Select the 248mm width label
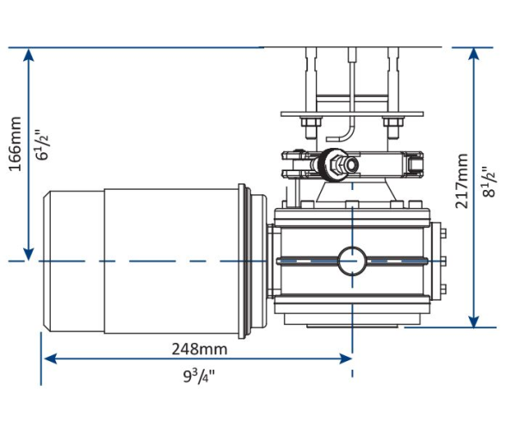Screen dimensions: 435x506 click(199, 348)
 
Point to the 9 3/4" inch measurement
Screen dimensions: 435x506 click(199, 376)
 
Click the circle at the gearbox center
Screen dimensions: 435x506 click(352, 260)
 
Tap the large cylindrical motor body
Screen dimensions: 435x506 click(172, 260)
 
